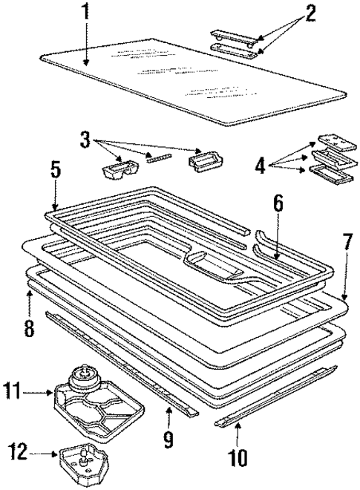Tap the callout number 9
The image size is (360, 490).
169,440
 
